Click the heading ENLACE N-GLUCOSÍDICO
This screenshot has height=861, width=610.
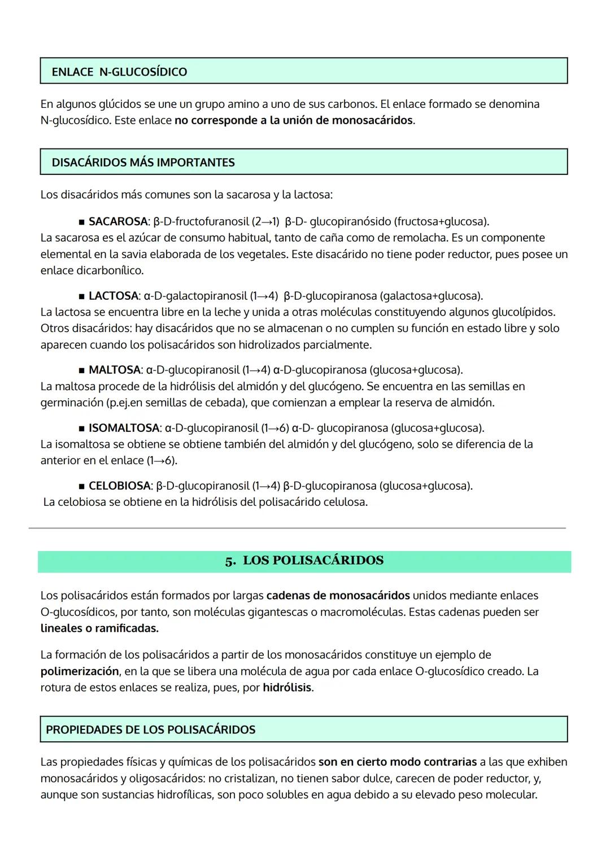[119, 72]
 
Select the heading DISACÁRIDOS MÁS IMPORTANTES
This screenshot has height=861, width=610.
[143, 163]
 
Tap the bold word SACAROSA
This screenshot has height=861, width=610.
[117, 221]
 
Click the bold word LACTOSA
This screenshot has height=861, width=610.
[114, 296]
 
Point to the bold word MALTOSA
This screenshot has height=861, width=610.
[115, 370]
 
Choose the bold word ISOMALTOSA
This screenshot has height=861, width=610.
[124, 428]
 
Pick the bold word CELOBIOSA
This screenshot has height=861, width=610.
[119, 486]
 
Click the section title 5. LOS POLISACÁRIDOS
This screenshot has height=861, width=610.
[304, 561]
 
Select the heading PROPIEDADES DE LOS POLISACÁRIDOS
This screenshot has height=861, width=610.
[150, 729]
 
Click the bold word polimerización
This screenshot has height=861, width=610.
[80, 671]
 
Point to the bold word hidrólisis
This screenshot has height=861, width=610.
[287, 688]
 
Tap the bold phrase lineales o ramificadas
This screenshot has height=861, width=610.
[99, 628]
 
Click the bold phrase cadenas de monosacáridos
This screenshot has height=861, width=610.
[338, 595]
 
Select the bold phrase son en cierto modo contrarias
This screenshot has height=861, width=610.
[397, 762]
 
